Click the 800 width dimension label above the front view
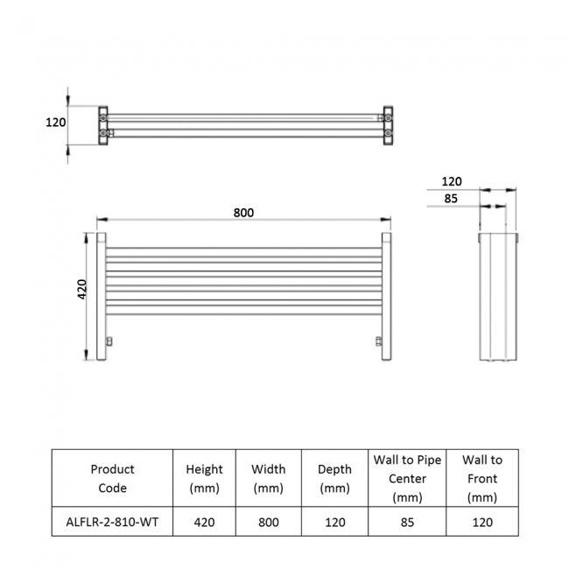244,213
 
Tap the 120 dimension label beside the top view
56,123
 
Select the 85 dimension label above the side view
452,198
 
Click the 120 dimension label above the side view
452,181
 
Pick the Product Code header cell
112,478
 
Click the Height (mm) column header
204,478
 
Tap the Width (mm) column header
268,478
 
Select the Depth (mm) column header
334,478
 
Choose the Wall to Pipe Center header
407,478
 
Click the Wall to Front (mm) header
482,478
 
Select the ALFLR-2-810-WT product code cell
112,522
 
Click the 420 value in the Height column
204,522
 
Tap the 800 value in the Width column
268,522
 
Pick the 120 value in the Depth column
334,522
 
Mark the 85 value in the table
407,522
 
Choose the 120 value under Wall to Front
482,522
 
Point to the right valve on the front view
378,340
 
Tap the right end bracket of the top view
388,124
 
